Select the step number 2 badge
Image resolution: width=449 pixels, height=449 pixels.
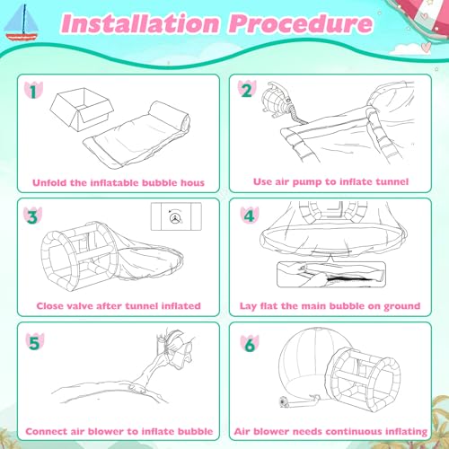point(244,92)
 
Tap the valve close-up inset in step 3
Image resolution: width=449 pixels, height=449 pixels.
point(177,218)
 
